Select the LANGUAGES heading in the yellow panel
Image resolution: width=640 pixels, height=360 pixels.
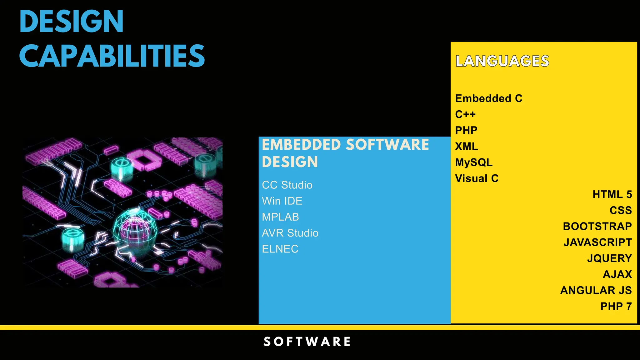[x=502, y=61]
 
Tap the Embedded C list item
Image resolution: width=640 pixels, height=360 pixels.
[x=488, y=98]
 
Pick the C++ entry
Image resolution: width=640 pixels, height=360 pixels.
[x=465, y=114]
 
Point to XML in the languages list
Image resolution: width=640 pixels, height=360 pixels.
[x=466, y=146]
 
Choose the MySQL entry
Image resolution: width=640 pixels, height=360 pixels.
[x=474, y=162]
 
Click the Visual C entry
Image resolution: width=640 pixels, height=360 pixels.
[x=477, y=178]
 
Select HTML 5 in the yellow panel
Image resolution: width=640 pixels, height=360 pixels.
[x=612, y=194]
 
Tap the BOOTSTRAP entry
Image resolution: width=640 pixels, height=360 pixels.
[x=597, y=226]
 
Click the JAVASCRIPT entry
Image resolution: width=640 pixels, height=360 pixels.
[x=597, y=242]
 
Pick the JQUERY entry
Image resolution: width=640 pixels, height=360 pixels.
[x=609, y=258]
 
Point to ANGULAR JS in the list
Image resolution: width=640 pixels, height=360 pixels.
[x=596, y=290]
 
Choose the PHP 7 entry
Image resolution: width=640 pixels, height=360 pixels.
[x=616, y=306]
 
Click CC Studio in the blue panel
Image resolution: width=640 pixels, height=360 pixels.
[x=287, y=185]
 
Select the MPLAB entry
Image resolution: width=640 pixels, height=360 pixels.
[x=280, y=217]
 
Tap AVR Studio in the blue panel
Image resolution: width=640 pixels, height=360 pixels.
[x=290, y=233]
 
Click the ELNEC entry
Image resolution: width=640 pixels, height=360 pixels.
[x=280, y=249]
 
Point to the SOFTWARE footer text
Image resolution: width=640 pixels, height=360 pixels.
[x=307, y=342]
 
